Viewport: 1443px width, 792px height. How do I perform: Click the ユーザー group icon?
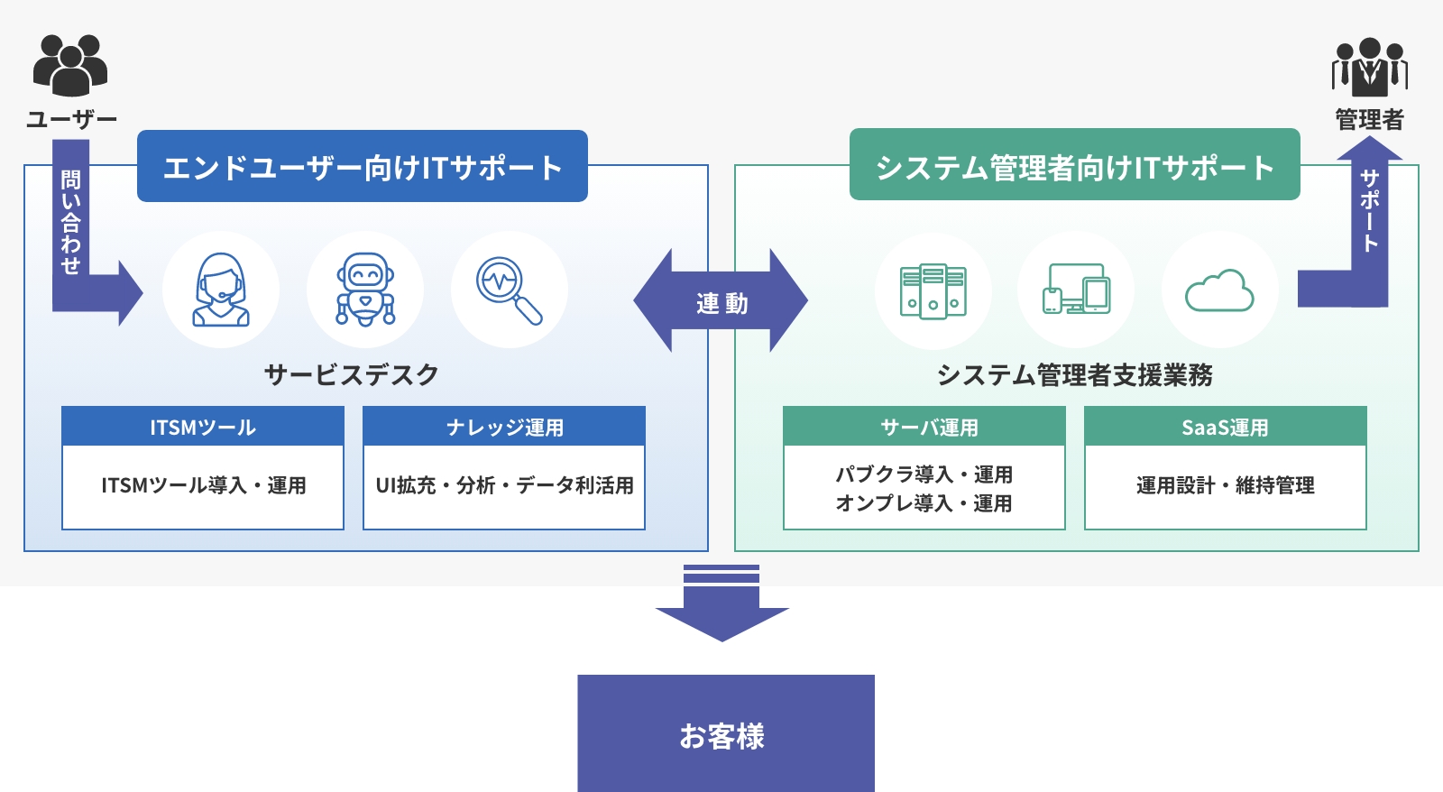[x=70, y=66]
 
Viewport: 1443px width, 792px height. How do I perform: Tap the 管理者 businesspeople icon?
[x=1369, y=67]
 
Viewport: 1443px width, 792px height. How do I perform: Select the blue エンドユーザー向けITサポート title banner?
[x=363, y=167]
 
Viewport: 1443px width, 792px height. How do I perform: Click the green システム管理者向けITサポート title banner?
[x=1074, y=166]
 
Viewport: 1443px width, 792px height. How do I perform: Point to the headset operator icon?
[x=221, y=290]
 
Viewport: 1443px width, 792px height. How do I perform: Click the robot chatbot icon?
[x=365, y=290]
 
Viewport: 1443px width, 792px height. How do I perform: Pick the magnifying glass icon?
[x=510, y=290]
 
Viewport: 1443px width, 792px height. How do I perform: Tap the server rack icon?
[x=933, y=290]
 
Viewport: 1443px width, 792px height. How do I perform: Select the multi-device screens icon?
[x=1076, y=290]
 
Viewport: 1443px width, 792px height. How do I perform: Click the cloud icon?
[x=1219, y=290]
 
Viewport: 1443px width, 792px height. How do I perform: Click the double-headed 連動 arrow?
[x=721, y=301]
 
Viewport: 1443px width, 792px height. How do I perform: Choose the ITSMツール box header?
[x=203, y=427]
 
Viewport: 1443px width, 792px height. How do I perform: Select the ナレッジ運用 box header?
[x=504, y=427]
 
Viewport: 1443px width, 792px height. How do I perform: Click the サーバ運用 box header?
[x=924, y=427]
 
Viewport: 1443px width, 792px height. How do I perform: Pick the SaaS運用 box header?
[x=1225, y=427]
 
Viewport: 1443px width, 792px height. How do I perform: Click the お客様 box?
[x=726, y=733]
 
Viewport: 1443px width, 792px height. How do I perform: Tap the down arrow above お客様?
[x=721, y=604]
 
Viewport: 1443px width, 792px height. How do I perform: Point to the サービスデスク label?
[x=352, y=374]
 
